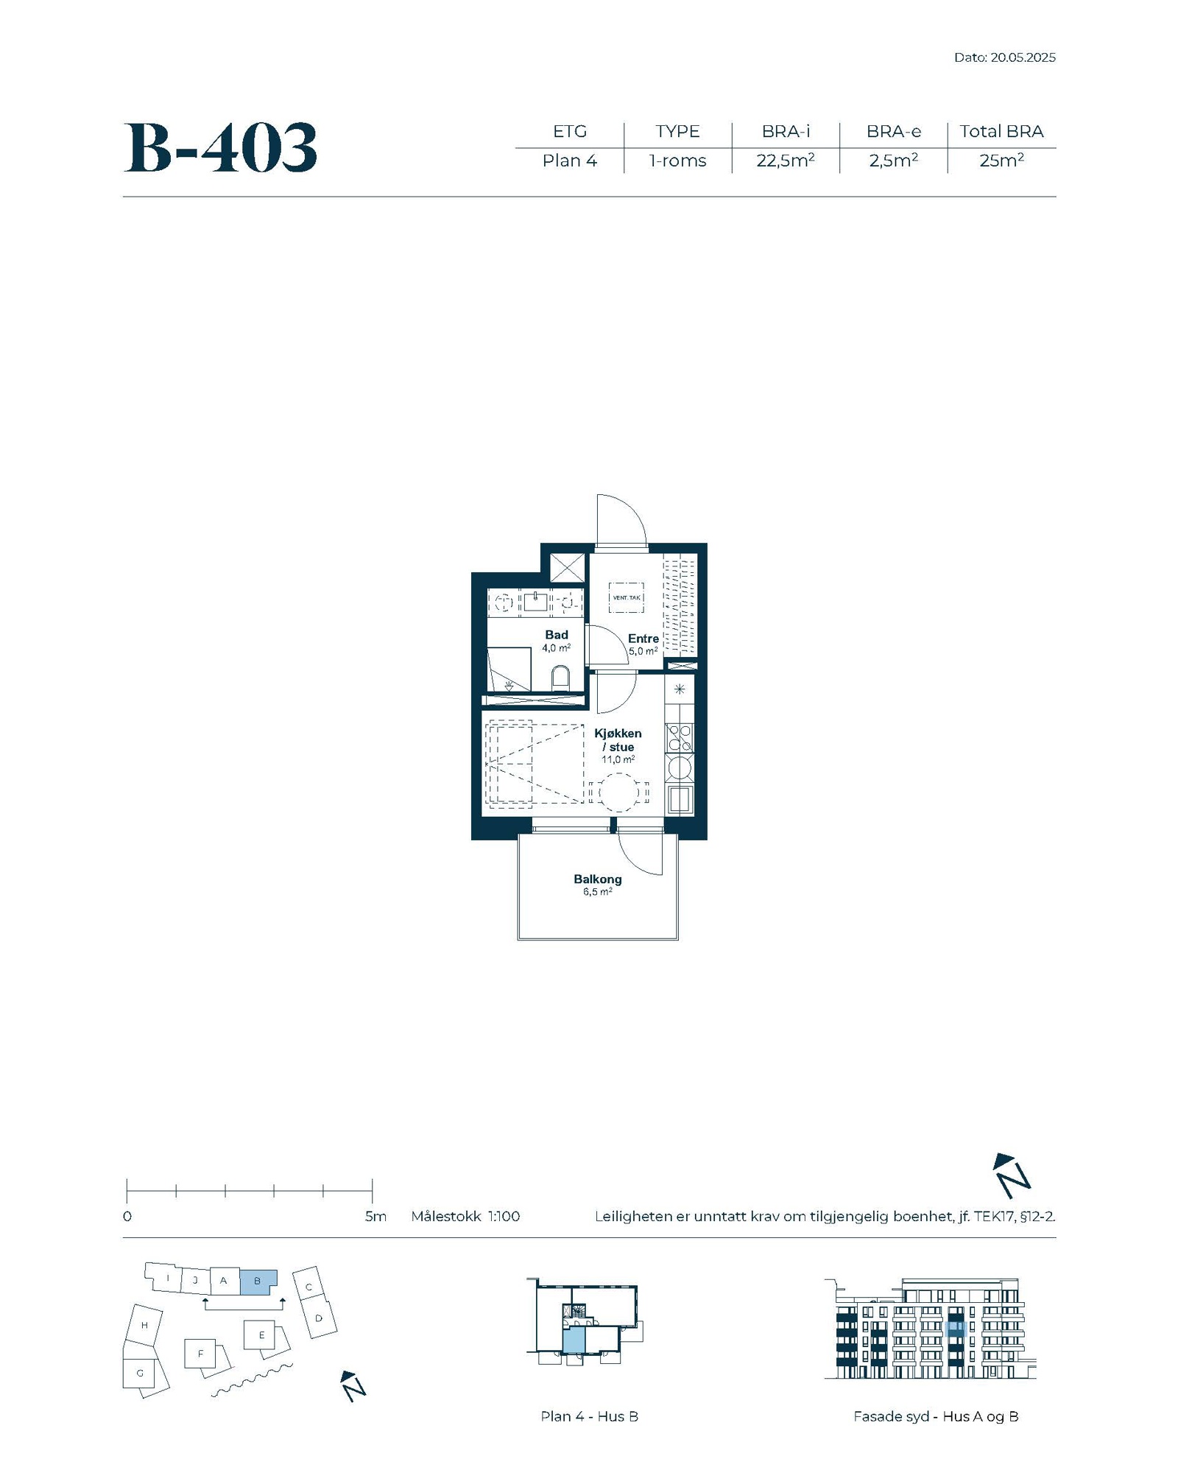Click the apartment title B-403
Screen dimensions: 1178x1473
[220, 148]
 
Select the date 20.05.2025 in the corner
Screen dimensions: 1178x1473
[1023, 57]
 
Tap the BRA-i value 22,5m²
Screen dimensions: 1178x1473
[786, 161]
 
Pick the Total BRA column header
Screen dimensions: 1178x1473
[1001, 131]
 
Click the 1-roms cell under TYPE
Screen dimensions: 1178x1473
[677, 161]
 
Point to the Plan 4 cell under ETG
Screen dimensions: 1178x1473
[570, 161]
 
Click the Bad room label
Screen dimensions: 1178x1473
[557, 635]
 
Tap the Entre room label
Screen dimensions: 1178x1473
[643, 639]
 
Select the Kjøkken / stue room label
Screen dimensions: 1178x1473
[618, 740]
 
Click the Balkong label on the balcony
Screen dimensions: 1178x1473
[598, 879]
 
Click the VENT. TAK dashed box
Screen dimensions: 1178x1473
[627, 597]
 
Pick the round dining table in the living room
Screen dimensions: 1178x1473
[619, 792]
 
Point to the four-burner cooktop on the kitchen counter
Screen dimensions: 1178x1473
[680, 737]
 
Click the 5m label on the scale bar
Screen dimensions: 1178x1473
[375, 1216]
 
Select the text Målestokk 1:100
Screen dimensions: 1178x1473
[465, 1216]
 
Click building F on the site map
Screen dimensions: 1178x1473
[200, 1353]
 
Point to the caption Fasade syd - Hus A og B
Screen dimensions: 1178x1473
[936, 1416]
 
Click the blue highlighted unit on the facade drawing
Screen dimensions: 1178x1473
[956, 1329]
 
